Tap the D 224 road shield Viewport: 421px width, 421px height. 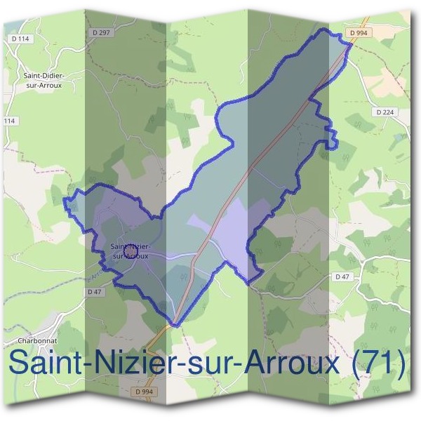coord(385,112)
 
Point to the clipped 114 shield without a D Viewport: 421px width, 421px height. coord(8,121)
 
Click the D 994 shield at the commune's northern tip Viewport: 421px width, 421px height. coord(359,32)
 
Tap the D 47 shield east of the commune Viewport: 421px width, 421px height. coord(342,277)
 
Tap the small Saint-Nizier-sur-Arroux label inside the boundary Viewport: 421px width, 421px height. coord(130,250)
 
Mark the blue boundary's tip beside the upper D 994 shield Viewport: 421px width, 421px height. coord(349,44)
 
